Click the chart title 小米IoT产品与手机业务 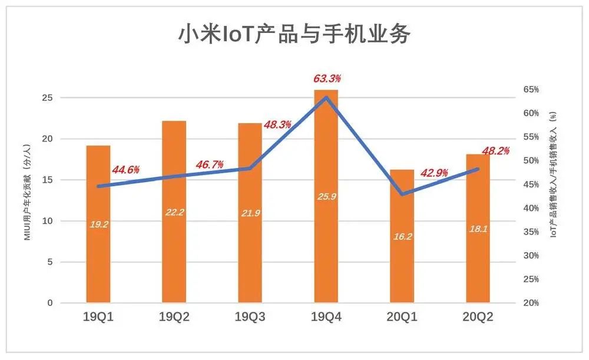click(294, 34)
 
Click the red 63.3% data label click(326, 78)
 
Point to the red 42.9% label click(434, 173)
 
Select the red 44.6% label click(125, 170)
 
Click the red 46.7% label click(209, 164)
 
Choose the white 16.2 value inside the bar click(402, 237)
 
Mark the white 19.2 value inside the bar click(98, 224)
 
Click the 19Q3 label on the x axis click(250, 318)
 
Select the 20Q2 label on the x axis click(478, 318)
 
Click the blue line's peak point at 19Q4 click(326, 97)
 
